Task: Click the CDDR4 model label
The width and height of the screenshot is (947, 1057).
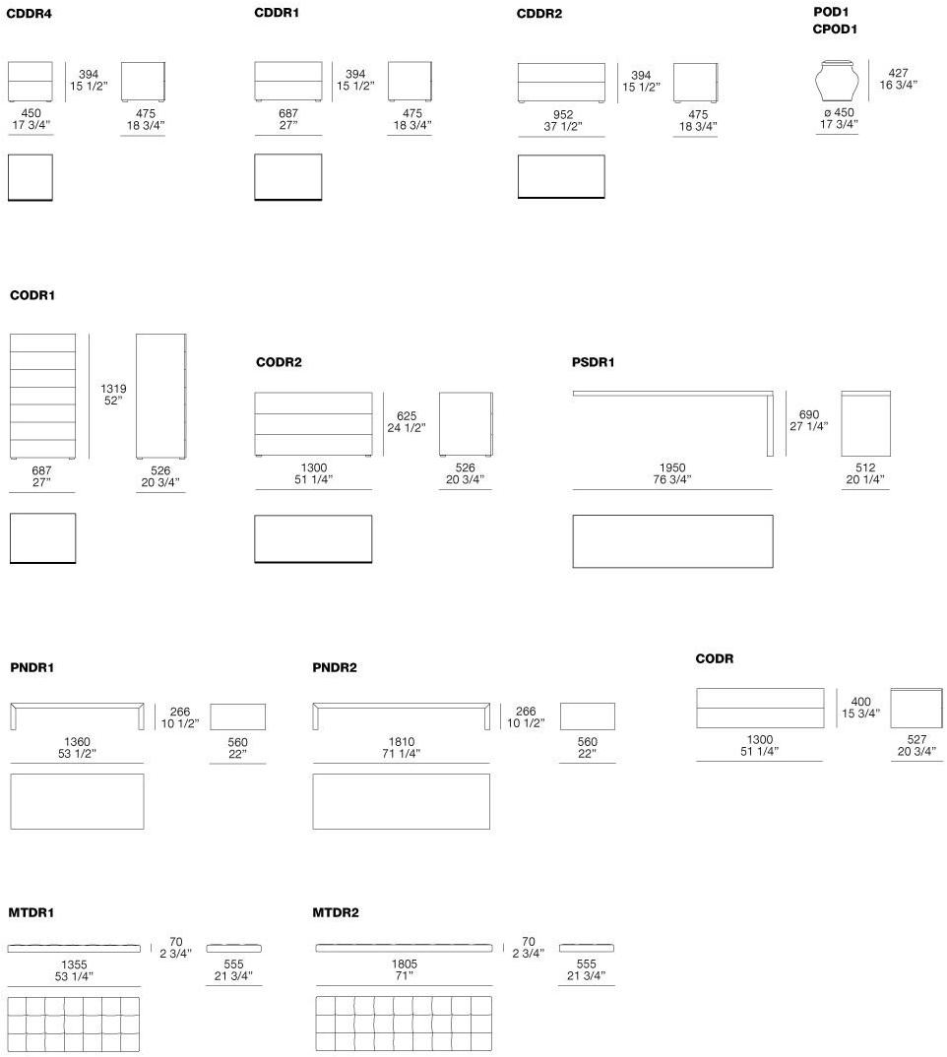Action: (x=29, y=14)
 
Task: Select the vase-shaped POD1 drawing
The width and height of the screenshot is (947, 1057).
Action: (x=839, y=82)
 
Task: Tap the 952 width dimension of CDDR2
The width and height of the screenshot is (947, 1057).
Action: (x=563, y=115)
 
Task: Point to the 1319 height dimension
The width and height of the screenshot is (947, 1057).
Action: (x=113, y=389)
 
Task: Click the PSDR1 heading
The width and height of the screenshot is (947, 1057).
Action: (x=593, y=362)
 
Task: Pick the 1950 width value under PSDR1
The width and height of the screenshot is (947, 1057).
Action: (x=673, y=468)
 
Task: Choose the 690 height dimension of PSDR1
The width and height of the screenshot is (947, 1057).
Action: (x=807, y=415)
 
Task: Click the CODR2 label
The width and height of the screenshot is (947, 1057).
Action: (x=279, y=362)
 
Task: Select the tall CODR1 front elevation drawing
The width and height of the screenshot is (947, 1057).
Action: (x=42, y=396)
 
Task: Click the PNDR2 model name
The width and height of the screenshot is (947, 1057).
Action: (x=335, y=668)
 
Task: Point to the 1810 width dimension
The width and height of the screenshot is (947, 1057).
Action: (x=402, y=742)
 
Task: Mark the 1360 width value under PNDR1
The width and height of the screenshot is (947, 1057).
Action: (x=77, y=742)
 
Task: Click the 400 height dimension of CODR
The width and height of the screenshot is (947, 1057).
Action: (x=860, y=703)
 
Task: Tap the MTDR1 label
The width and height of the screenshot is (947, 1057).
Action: (x=32, y=913)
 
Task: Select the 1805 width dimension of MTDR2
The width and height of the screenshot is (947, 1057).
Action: (x=404, y=965)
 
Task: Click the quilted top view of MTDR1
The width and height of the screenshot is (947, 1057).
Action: (x=74, y=1024)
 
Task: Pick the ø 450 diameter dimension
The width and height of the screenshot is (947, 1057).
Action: (x=839, y=112)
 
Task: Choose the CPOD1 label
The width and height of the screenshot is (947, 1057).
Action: (x=835, y=30)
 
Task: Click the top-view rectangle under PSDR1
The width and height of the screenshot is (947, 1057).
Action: (x=672, y=541)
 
